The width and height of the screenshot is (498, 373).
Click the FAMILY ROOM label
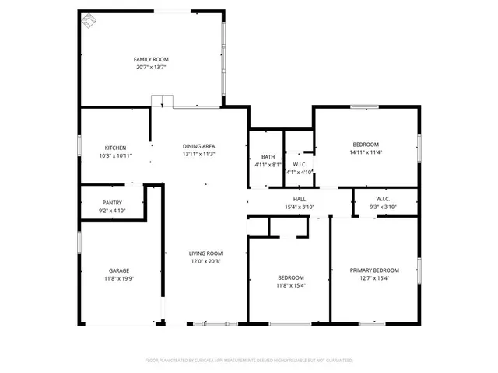tap(151, 60)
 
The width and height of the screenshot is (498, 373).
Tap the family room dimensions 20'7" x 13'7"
tap(151, 68)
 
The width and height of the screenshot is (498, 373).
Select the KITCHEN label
tap(116, 148)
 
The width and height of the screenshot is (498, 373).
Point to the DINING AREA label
tap(198, 146)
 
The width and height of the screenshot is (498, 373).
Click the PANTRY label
tap(112, 203)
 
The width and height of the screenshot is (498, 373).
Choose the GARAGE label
tap(118, 270)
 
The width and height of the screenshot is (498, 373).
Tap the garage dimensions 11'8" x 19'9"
tap(118, 278)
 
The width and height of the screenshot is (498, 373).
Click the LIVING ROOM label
tap(206, 253)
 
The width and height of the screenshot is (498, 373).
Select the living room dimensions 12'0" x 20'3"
tap(206, 261)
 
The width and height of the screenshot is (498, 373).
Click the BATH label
tap(268, 157)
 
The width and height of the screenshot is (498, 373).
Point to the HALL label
tap(299, 199)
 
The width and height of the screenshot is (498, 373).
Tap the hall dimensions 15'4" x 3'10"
tap(299, 207)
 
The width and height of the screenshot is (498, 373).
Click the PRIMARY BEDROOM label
tap(374, 270)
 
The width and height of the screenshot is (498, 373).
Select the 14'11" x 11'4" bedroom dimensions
tap(365, 152)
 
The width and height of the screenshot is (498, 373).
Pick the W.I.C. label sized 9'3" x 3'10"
tap(382, 199)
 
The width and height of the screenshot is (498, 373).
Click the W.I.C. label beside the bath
tap(299, 164)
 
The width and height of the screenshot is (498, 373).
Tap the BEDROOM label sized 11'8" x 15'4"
tap(291, 277)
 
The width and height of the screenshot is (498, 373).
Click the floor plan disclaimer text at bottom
tap(249, 361)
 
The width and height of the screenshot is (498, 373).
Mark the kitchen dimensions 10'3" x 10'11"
tap(116, 155)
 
